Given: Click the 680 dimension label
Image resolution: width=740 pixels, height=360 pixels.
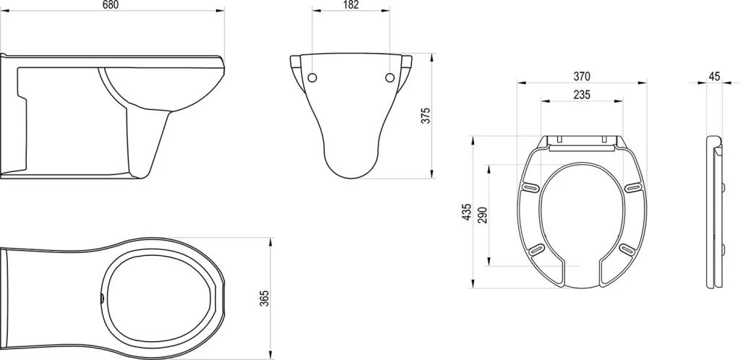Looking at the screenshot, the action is (111, 5).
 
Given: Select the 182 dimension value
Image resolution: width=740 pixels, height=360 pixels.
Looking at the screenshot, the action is (350, 5).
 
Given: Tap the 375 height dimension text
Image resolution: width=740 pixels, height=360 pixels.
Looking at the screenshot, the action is (426, 116).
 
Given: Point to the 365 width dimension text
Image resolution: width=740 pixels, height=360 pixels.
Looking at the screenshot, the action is (264, 298).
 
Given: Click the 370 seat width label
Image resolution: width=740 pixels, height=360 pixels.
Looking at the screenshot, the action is (582, 77).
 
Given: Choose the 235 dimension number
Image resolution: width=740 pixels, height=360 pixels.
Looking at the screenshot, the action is (582, 95).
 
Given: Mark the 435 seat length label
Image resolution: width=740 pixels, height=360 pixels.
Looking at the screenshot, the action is (466, 212).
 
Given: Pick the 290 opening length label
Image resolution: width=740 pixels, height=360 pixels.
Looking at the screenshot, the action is (482, 215).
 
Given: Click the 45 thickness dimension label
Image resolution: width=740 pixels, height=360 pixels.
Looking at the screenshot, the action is (715, 77).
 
